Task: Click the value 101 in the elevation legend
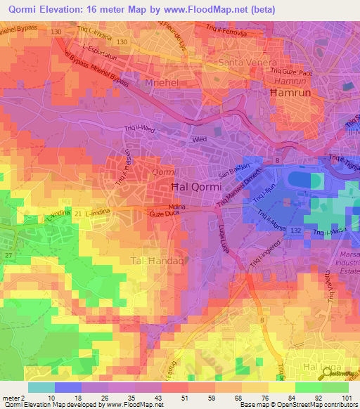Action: click(348, 398)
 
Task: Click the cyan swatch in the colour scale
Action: click(41, 387)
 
